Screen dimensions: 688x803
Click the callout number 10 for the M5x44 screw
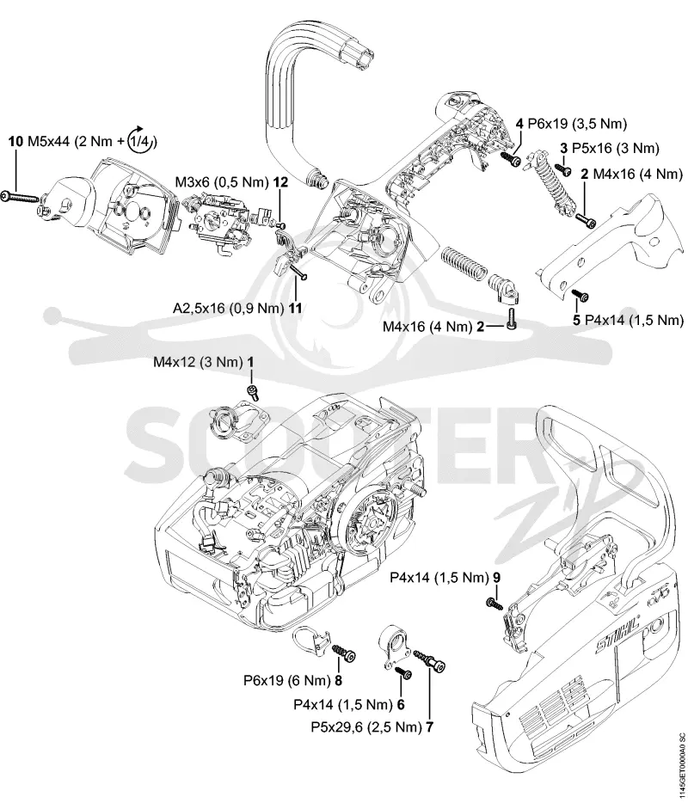pos(15,141)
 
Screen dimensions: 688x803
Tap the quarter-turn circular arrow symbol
pos(141,138)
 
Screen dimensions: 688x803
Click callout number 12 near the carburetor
pos(280,181)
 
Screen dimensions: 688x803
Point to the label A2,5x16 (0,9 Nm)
pos(228,309)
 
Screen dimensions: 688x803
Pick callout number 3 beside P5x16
pos(564,149)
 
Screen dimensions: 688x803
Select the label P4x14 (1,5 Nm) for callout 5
pos(634,320)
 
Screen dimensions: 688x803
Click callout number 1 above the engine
pos(250,363)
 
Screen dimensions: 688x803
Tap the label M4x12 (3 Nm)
pos(198,363)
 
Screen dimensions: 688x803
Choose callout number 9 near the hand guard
pos(496,578)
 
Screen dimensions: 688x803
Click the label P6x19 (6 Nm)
pos(286,681)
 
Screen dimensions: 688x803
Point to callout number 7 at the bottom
pos(429,727)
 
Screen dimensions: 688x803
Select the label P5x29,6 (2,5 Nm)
pos(366,727)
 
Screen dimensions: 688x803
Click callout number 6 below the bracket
pos(401,705)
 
